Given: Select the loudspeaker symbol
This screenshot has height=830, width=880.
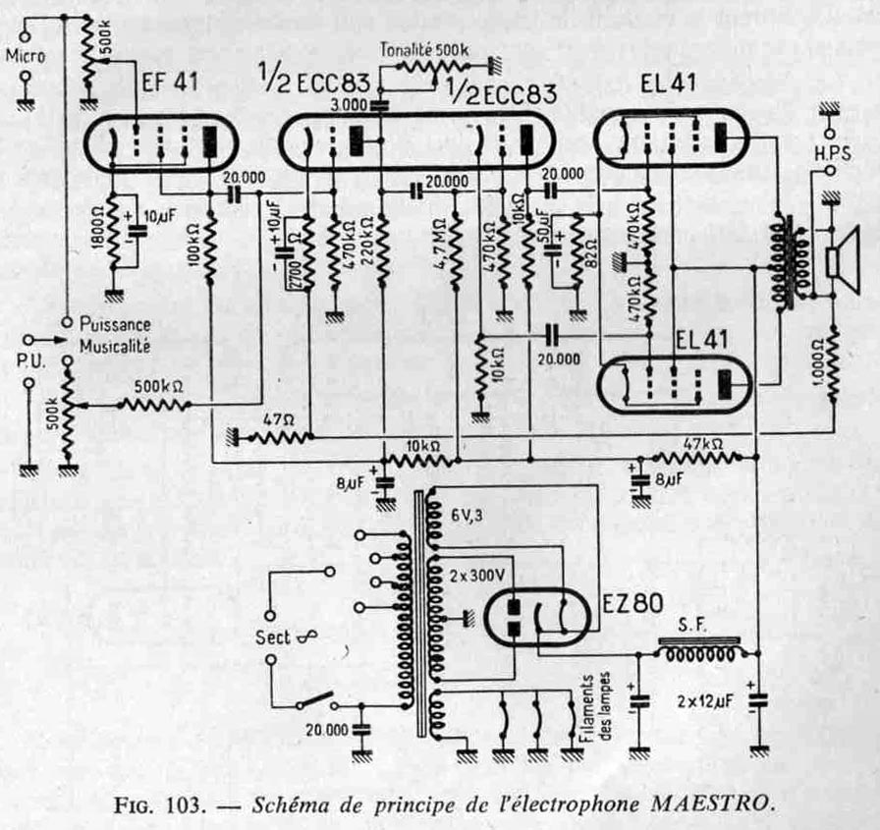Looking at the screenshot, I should click(841, 262).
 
